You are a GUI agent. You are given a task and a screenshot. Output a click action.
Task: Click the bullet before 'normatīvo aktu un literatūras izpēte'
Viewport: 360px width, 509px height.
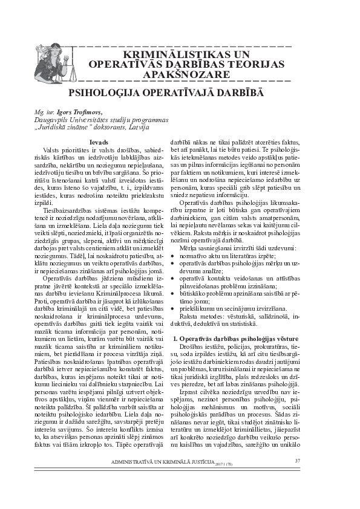pyautogui.click(x=176, y=256)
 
